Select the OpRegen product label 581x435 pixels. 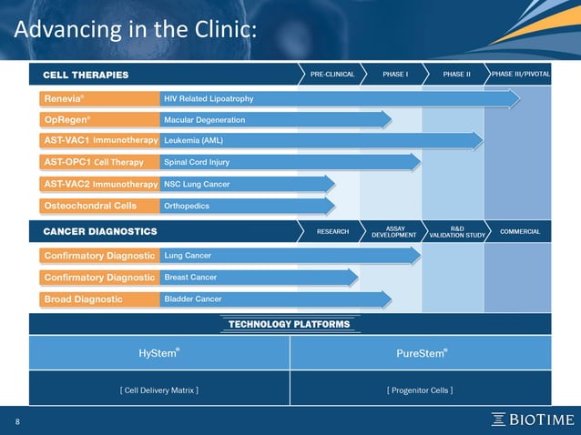point(65,119)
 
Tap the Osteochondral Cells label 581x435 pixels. point(90,206)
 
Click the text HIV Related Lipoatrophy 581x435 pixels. point(209,97)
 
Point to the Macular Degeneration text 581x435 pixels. point(204,119)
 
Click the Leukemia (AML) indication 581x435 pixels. point(193,141)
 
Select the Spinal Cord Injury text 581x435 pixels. point(197,163)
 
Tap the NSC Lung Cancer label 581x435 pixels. point(197,184)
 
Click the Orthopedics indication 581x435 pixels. point(187,206)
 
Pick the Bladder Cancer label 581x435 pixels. point(193,298)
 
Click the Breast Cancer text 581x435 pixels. point(191,277)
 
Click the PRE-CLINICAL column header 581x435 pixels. point(331,74)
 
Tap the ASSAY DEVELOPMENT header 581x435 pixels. point(394,231)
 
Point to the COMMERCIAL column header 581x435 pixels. point(519,231)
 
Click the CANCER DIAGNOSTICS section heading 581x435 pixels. point(100,231)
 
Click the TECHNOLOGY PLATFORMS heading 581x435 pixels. point(289,324)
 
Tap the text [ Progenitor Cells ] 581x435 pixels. point(420,389)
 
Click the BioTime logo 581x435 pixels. point(533,420)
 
